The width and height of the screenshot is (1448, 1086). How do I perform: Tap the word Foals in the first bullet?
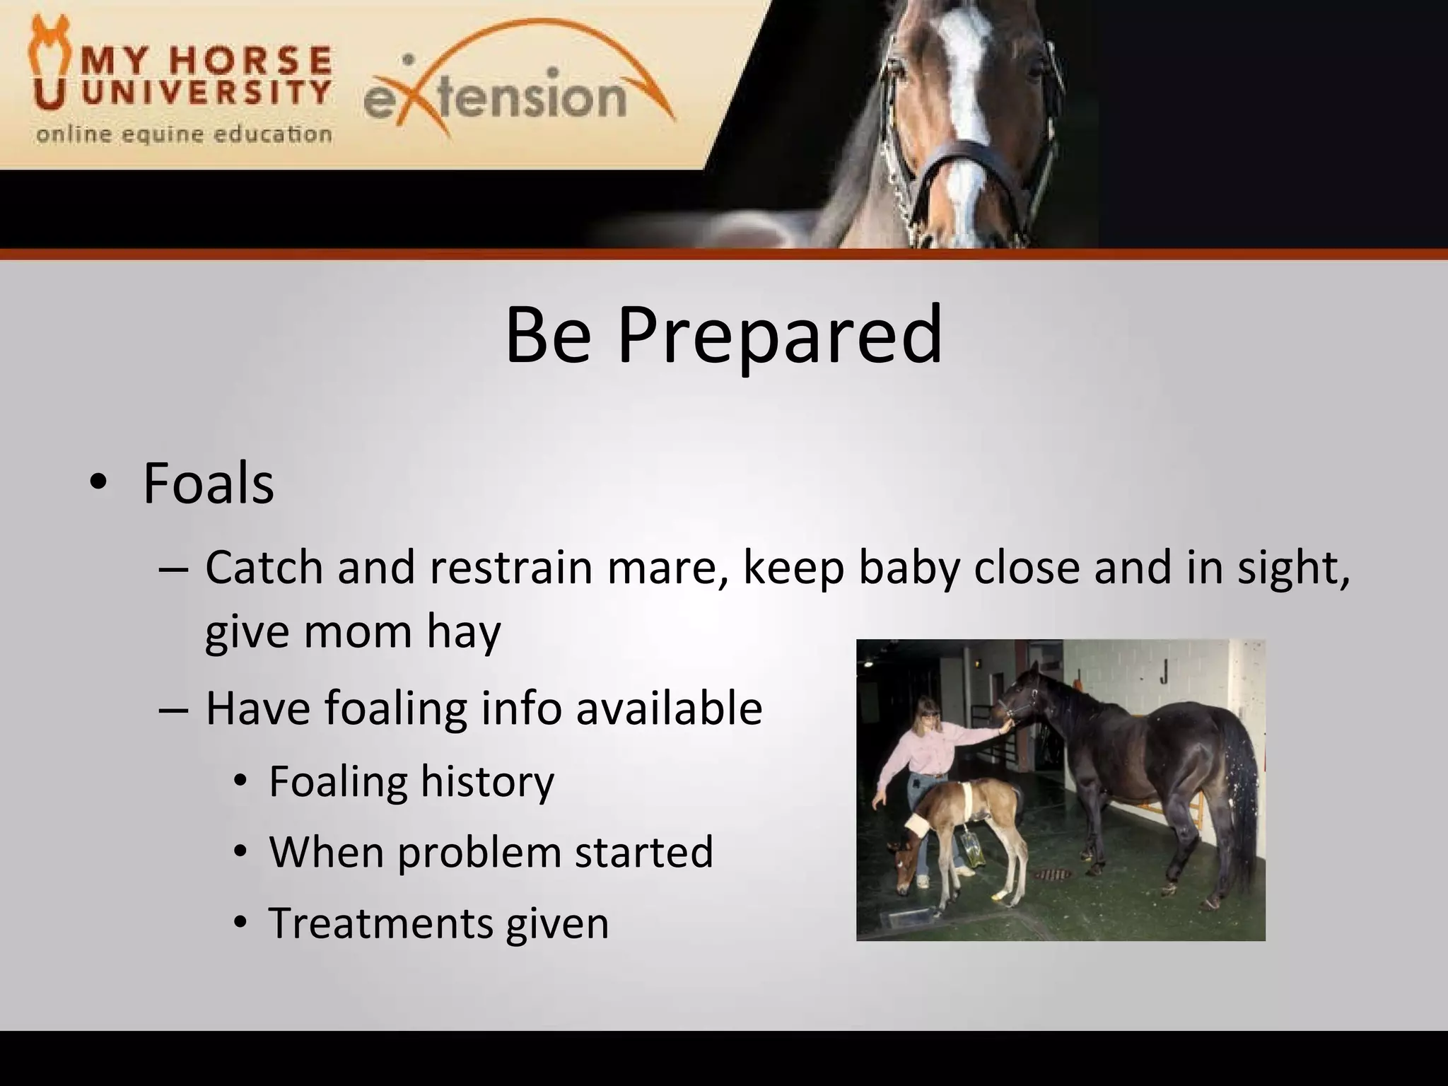[x=208, y=484]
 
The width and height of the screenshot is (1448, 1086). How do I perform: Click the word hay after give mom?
[x=463, y=631]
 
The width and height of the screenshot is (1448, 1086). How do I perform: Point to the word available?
[x=669, y=708]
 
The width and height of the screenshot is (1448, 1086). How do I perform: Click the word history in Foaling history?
[x=487, y=781]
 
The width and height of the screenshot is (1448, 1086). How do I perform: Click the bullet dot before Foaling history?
[x=241, y=782]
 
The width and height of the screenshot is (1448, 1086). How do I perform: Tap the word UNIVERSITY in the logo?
[x=206, y=93]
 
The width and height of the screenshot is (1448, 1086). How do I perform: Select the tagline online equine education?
[x=184, y=134]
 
